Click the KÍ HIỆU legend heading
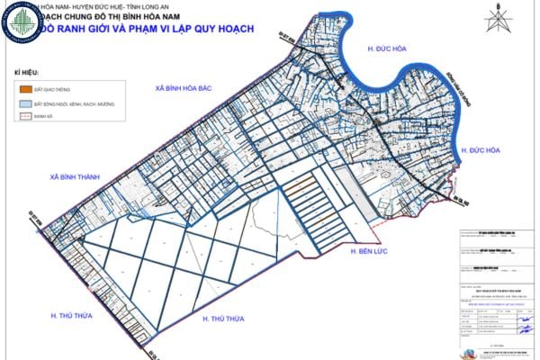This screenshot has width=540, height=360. point(28,70)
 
